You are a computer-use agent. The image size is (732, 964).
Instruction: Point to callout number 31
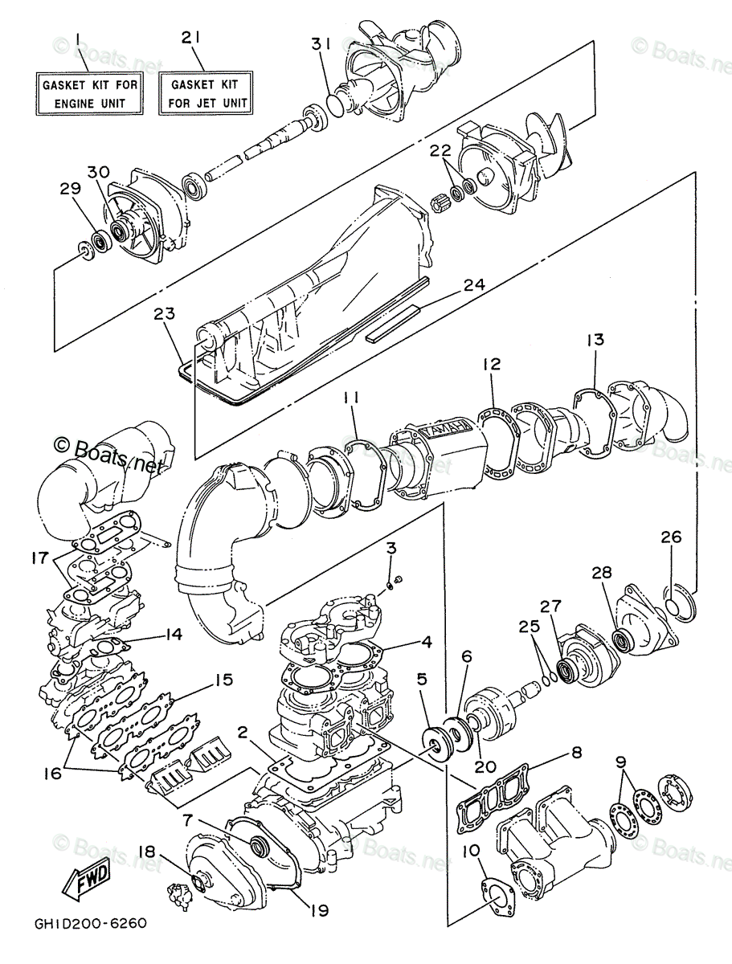(x=321, y=46)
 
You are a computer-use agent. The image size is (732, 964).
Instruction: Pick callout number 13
(x=594, y=340)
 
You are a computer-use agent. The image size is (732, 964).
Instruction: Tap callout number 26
(x=671, y=537)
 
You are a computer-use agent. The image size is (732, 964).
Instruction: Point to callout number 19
(x=319, y=910)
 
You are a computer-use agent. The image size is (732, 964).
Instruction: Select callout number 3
(x=391, y=549)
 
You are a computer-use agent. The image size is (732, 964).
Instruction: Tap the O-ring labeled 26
(x=680, y=602)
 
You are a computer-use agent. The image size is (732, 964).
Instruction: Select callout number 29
(x=69, y=189)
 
